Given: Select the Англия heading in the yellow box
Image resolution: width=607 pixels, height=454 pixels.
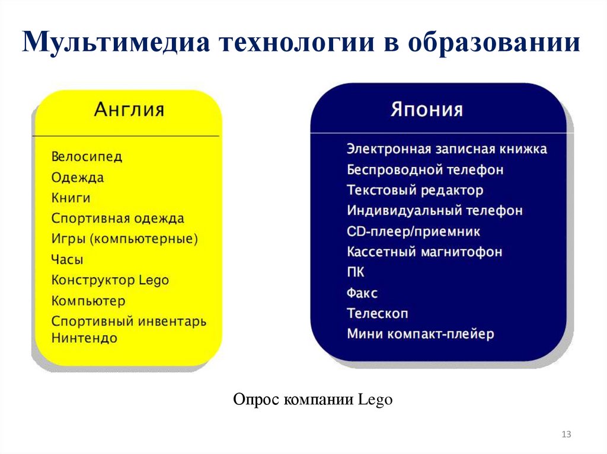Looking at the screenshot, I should point(129,111).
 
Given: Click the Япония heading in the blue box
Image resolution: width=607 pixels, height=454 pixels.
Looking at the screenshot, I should point(427,111).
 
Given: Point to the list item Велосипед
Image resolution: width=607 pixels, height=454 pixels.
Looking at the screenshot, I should point(87,157).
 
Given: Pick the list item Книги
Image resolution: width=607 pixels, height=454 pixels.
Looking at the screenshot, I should point(71,198).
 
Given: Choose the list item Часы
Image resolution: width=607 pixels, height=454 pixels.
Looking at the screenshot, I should point(67,260).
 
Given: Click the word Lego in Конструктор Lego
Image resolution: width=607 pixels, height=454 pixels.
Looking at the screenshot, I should point(154,280).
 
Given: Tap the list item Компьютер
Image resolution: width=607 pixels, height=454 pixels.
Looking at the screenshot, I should point(88,301).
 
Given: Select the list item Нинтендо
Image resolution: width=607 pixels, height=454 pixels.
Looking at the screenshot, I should point(84,339).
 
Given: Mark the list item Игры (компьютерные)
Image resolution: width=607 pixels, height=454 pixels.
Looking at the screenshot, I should point(124,239).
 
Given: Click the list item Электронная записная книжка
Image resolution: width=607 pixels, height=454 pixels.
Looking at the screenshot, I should point(446,149).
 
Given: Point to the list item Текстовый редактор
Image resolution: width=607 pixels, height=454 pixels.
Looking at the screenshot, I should point(415,191).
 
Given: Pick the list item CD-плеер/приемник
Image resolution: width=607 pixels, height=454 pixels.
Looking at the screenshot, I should point(413,231).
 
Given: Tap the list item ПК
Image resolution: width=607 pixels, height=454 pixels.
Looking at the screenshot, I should point(356,272).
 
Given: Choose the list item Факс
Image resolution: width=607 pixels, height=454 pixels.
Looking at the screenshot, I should point(362,293).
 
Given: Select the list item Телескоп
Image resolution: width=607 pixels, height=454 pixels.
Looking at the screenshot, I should point(378,314).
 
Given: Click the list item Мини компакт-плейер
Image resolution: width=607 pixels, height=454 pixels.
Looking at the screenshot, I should point(420,334).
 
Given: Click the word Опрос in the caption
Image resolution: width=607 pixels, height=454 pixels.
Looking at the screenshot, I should point(256,400).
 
